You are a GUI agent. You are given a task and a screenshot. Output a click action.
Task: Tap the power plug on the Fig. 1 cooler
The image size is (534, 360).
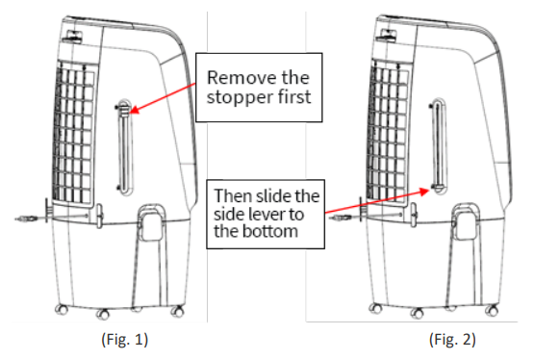point(28,220)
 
